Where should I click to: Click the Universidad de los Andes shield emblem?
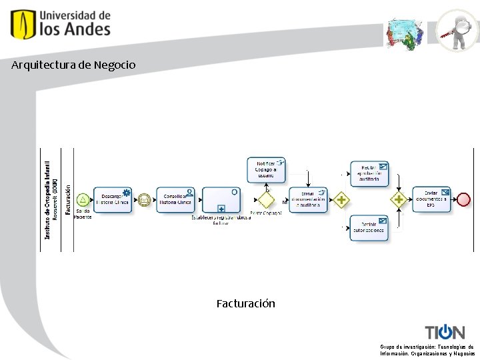point(23,24)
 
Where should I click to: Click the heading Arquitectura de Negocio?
point(73,65)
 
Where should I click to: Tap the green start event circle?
point(83,199)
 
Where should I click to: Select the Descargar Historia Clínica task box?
point(113,199)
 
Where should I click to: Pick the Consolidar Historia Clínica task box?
point(175,199)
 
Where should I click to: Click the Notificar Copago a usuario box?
point(266,170)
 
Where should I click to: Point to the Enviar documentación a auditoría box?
point(308,199)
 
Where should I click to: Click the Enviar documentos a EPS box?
point(431,199)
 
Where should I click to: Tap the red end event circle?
point(463,199)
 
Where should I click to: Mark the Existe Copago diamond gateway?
point(267,199)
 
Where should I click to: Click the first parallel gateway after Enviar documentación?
point(341,199)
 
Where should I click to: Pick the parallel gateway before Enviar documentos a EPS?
point(399,199)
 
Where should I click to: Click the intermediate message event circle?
point(144,199)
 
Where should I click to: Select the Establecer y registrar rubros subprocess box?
point(221,199)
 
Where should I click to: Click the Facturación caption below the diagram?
point(245,303)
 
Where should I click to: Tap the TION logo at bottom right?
point(445,332)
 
